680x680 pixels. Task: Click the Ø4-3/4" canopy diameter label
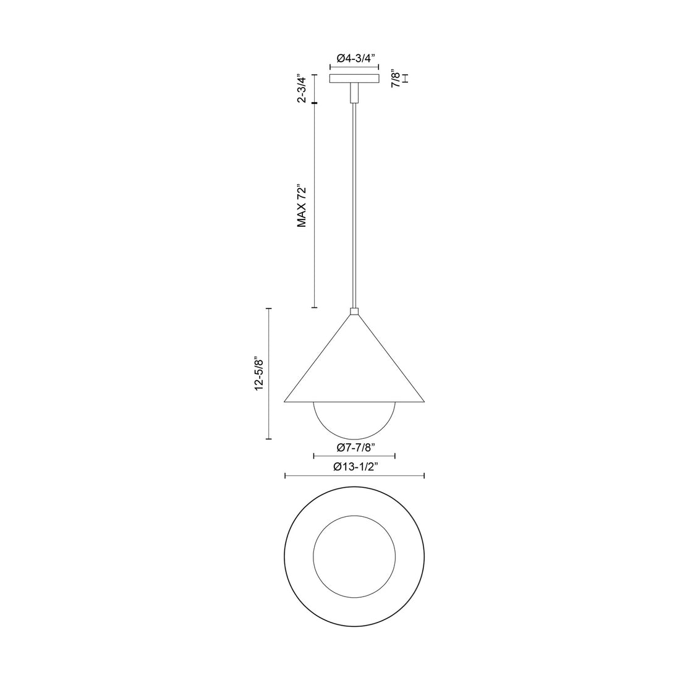354,58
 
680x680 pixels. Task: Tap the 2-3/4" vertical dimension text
301,89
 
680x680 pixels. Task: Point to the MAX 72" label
302,206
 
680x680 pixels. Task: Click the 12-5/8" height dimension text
260,373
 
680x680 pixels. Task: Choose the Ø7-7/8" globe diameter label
354,447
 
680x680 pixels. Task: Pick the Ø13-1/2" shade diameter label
355,467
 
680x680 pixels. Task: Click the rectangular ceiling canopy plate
354,79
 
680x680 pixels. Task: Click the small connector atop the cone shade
354,312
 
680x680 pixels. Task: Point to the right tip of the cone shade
423,401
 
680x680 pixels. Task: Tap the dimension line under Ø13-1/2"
354,475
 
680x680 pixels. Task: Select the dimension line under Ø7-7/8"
354,456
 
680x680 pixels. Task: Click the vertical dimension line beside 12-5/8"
268,373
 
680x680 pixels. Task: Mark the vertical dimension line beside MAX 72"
314,206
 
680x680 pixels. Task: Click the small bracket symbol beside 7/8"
406,79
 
